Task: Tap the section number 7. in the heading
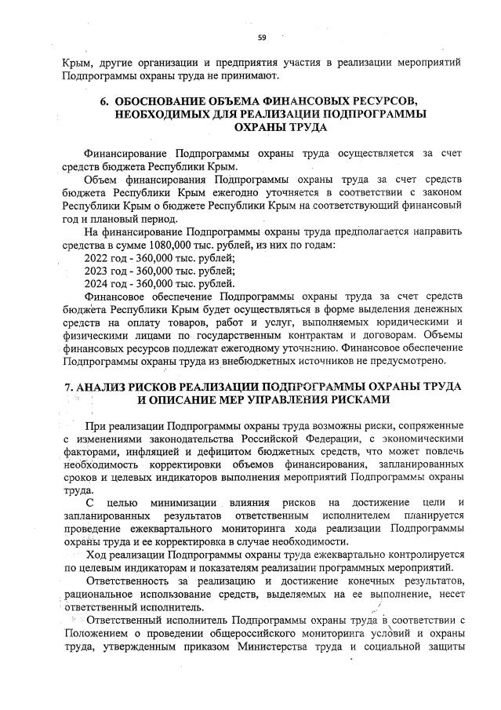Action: pos(67,386)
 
